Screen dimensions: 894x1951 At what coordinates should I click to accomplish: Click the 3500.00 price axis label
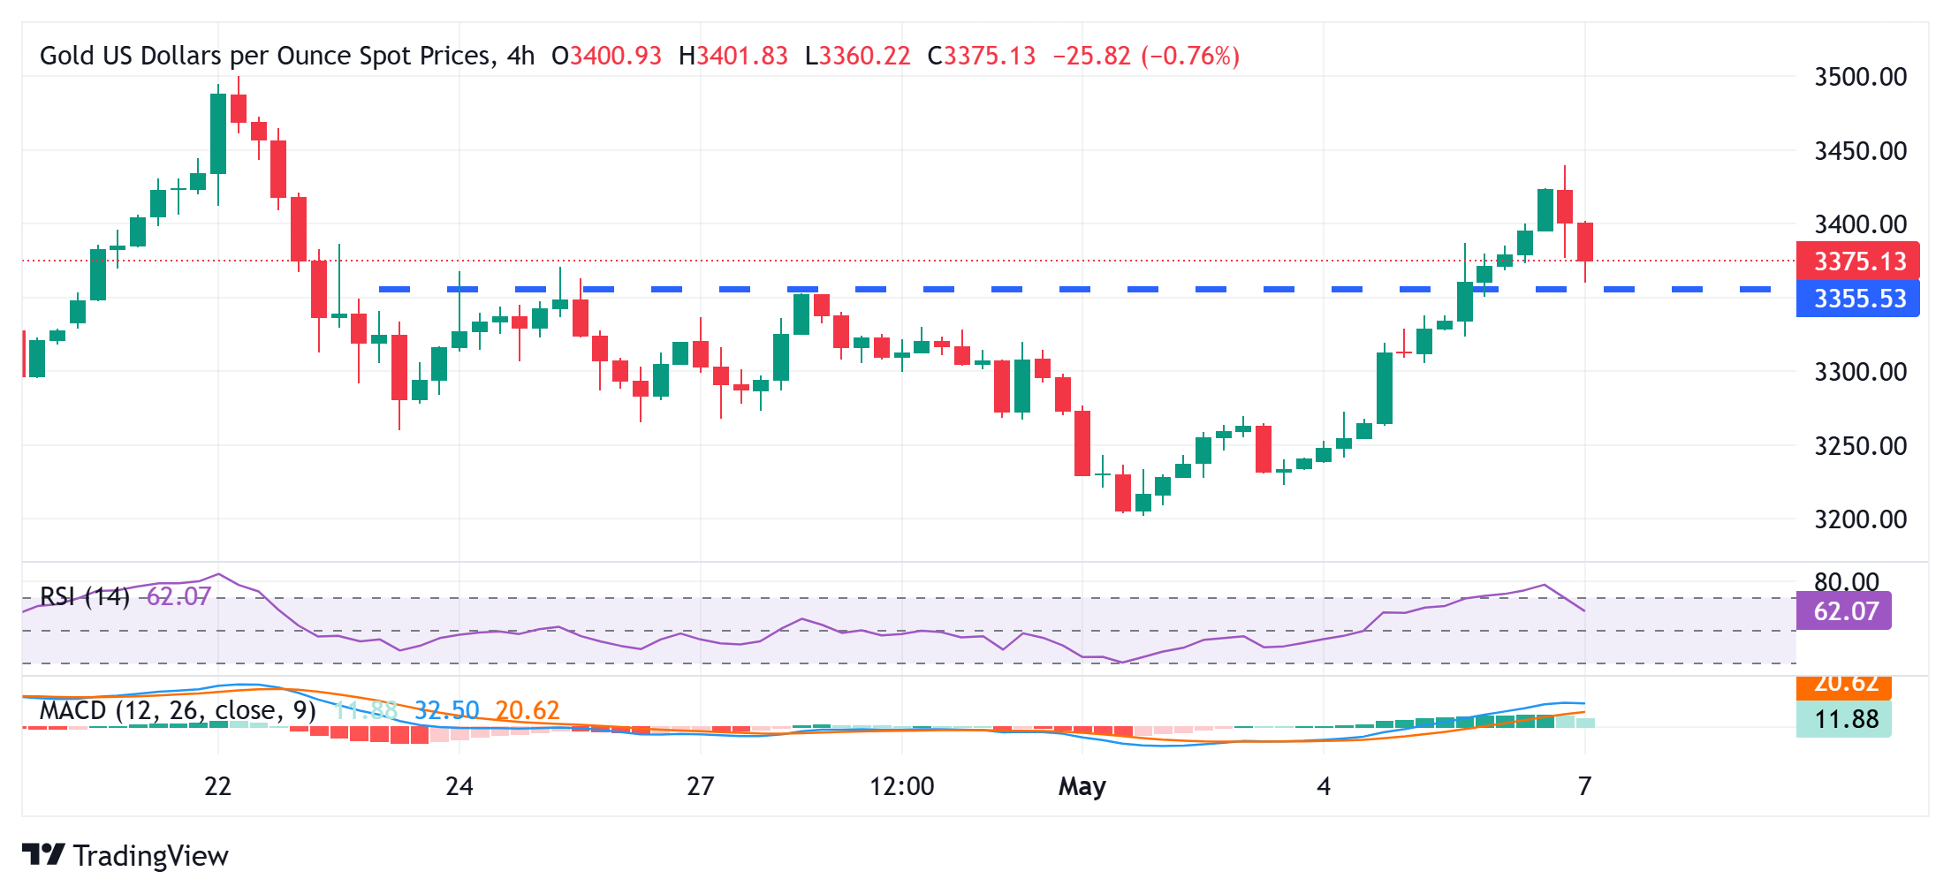coord(1860,77)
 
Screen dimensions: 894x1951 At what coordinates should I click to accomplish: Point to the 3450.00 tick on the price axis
coord(1860,151)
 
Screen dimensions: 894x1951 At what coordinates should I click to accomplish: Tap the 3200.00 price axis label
coord(1860,519)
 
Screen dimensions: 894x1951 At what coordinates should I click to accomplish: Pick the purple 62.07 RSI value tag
coord(1845,611)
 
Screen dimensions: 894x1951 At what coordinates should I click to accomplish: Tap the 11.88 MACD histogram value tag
coord(1845,719)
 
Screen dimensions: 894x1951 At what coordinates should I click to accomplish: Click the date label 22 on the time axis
coord(217,786)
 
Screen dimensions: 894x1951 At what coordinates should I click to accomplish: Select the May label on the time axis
coord(1082,786)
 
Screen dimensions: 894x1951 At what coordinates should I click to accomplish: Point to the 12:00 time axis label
coord(901,786)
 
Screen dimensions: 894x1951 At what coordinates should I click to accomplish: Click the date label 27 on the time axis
coord(700,786)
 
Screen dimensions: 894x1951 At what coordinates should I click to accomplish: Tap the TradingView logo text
coord(150,856)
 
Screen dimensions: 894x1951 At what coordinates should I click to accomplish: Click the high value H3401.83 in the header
coord(733,57)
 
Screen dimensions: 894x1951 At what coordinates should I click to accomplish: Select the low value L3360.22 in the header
coord(857,57)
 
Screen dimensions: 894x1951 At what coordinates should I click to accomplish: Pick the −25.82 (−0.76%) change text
coord(1146,57)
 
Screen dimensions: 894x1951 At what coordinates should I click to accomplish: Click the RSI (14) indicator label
coord(85,597)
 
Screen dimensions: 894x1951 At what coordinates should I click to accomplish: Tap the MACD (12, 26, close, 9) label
coord(178,710)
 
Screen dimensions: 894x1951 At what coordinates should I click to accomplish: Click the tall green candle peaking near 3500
coord(218,133)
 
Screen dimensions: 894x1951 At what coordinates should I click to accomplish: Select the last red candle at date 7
coord(1585,241)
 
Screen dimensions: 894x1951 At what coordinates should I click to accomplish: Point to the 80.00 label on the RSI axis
coord(1846,582)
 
